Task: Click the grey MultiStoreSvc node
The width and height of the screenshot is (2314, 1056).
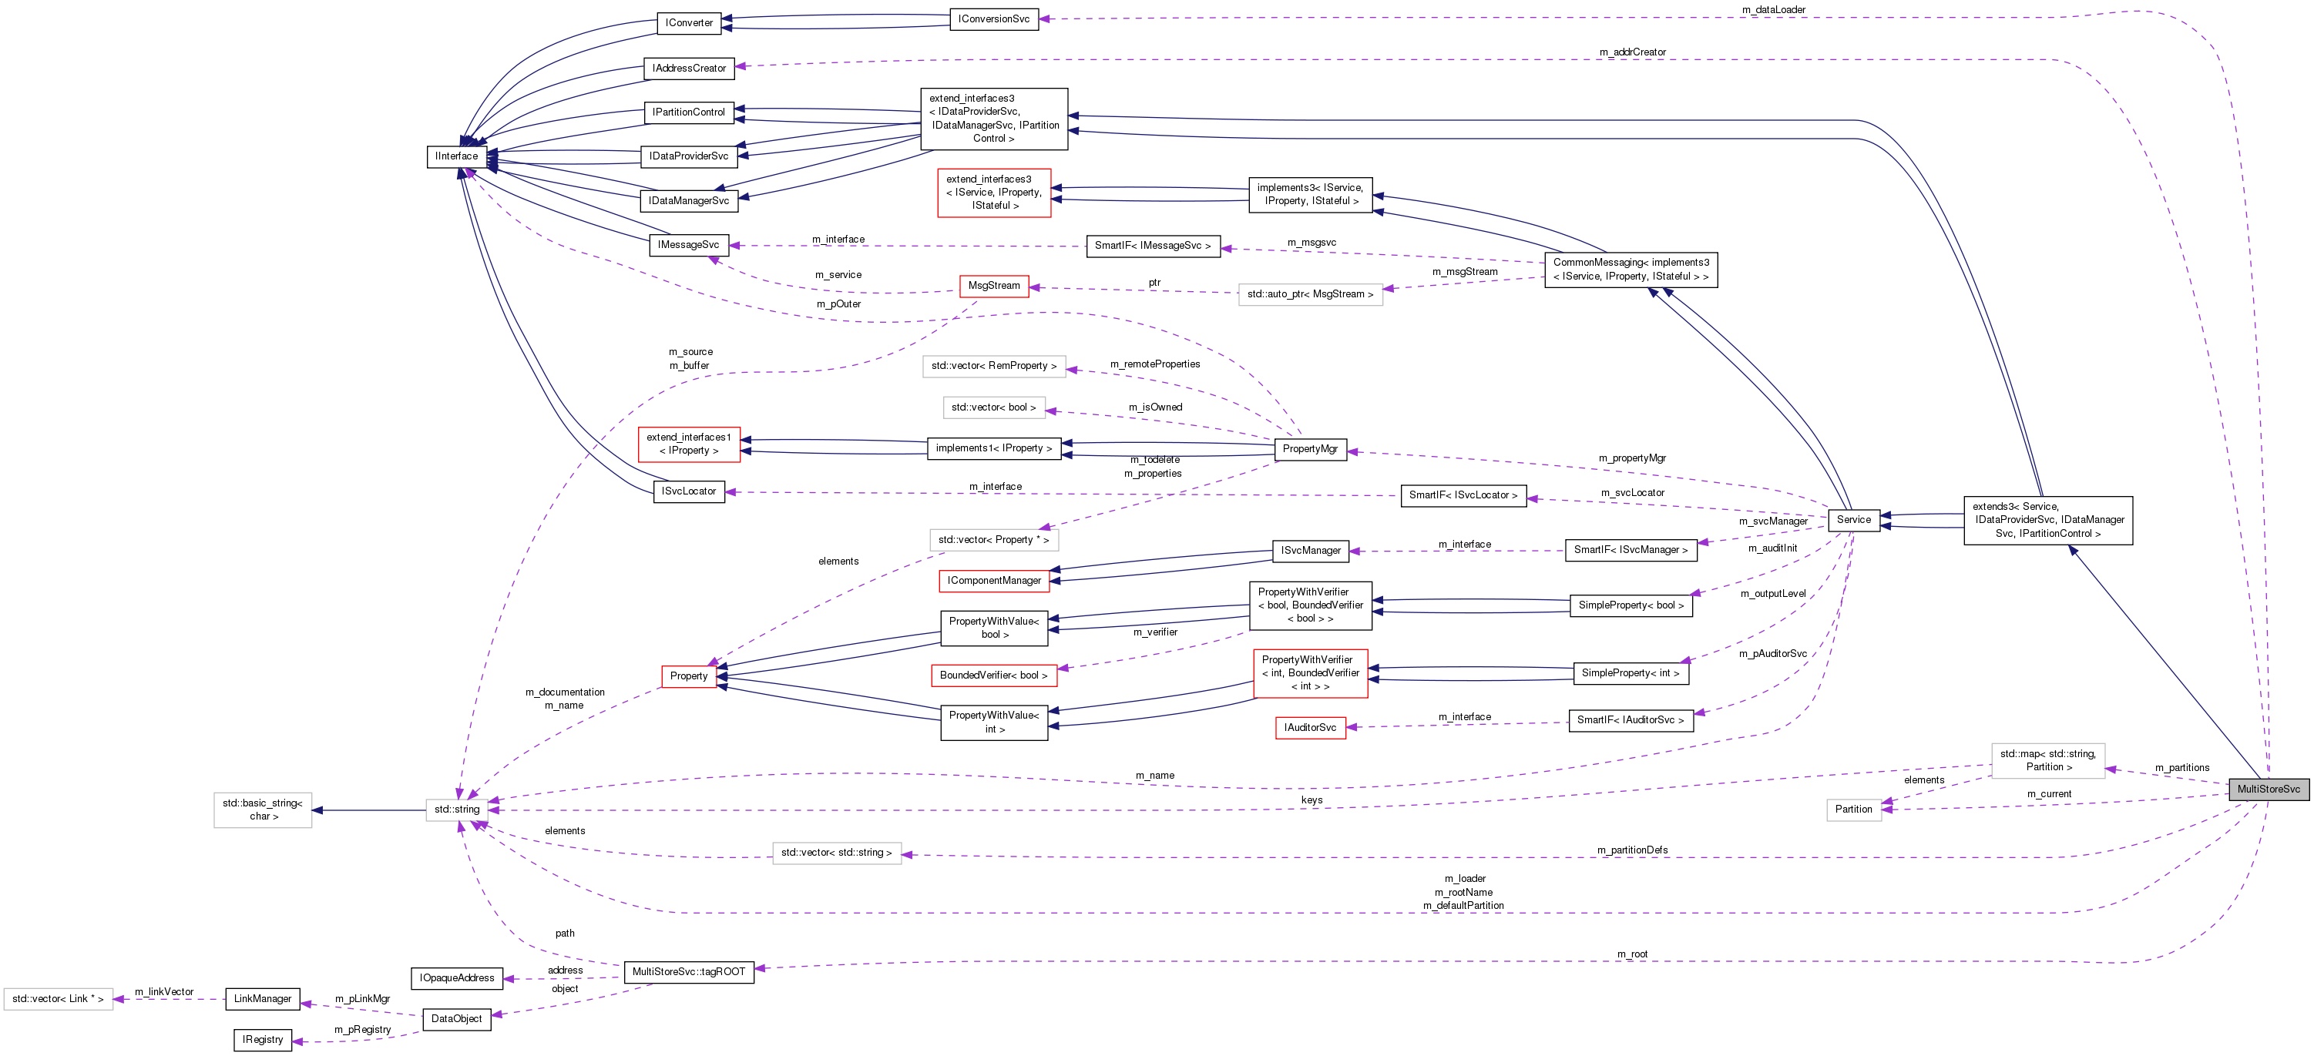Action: coord(2269,789)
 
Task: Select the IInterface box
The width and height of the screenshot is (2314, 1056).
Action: coord(456,156)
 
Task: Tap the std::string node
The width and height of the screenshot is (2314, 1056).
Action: coord(456,809)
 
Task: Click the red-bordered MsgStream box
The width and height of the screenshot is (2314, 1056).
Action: coord(993,286)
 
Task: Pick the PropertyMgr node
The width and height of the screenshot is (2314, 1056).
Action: coord(1310,449)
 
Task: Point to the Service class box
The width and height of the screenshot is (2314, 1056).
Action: coord(1853,520)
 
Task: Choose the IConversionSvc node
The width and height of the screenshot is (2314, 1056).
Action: coord(993,18)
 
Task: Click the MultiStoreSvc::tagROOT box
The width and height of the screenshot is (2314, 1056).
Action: coord(688,971)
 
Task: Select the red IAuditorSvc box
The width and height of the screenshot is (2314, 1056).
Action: coord(1310,727)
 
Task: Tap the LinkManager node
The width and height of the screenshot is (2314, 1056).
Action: coord(262,998)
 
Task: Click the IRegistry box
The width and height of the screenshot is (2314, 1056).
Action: coord(262,1040)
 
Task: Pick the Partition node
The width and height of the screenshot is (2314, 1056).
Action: coord(1853,809)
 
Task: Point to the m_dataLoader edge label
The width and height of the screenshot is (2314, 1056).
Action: coord(1773,10)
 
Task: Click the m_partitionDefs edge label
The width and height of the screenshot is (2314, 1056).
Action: coord(1632,850)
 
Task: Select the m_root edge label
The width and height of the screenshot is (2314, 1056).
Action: coord(1632,954)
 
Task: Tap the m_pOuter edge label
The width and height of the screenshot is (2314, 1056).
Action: coord(838,304)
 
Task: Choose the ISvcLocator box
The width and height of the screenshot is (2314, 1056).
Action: coord(688,491)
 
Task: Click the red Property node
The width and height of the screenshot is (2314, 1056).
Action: coord(688,676)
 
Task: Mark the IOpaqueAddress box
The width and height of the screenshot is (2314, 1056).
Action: coord(456,978)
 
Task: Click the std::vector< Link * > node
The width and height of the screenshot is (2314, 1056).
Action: coord(58,998)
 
